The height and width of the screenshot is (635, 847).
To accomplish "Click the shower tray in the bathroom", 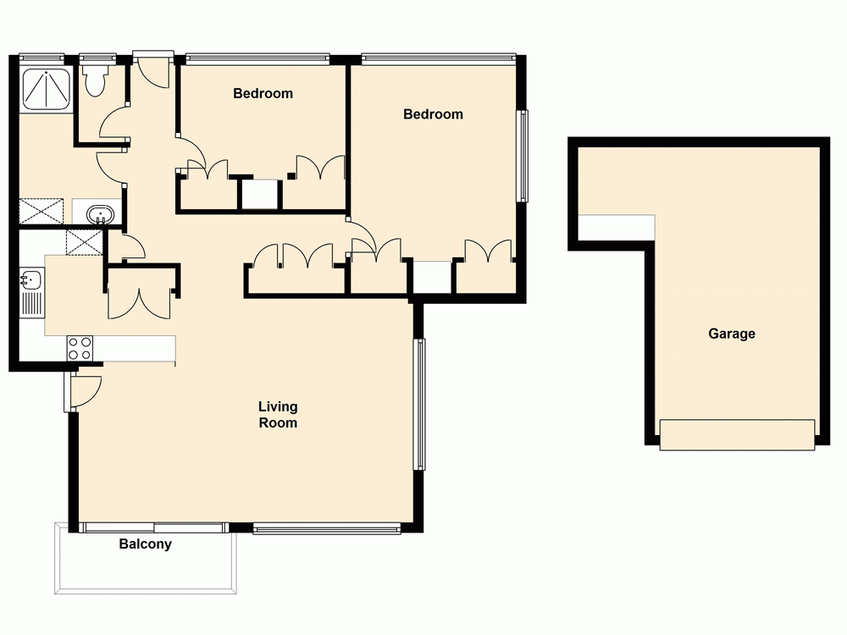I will (x=43, y=89).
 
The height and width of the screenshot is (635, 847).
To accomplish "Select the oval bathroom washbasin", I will (x=100, y=213).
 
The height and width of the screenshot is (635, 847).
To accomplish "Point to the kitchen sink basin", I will (x=31, y=279).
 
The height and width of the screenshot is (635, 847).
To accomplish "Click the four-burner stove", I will (x=80, y=347).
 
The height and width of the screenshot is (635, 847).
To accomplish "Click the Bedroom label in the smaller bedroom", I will (x=263, y=93).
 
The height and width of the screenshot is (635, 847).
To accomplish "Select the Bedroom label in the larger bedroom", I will (x=433, y=113).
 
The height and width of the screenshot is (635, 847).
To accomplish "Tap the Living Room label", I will (x=278, y=415).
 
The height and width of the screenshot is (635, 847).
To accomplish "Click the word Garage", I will (x=732, y=334).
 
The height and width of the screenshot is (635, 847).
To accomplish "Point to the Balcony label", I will (x=145, y=544).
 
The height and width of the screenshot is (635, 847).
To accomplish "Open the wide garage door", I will (x=737, y=434).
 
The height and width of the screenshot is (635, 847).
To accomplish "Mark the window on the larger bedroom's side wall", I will (x=523, y=156).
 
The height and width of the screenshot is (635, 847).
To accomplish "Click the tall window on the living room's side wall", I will (x=418, y=404).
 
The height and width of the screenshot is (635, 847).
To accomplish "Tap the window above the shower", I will (x=42, y=58).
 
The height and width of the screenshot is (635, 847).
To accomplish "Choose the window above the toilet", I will (x=97, y=58).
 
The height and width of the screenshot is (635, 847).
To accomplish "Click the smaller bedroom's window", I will (x=257, y=58).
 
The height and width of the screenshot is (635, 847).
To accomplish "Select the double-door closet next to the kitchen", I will (x=141, y=292).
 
